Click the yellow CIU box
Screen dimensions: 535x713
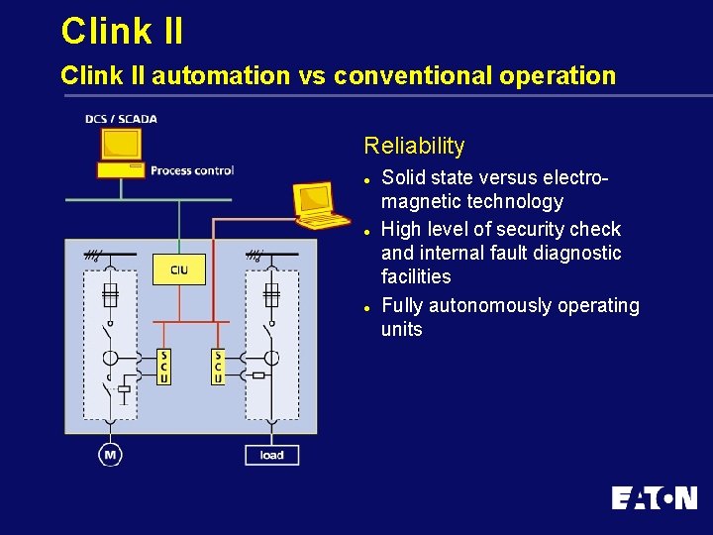coord(179,269)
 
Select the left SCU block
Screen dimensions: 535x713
coord(164,366)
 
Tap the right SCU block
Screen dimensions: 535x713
coord(218,366)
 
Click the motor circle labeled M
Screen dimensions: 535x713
coord(110,455)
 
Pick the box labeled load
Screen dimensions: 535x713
coord(271,455)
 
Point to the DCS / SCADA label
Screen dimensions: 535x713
coord(121,119)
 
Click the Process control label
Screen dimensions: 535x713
coord(192,170)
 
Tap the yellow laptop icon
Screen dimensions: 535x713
coord(317,201)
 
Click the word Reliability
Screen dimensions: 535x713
coord(414,146)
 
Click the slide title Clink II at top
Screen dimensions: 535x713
coord(122,31)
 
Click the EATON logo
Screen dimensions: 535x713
coord(654,497)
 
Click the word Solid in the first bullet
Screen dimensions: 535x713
coord(404,177)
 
